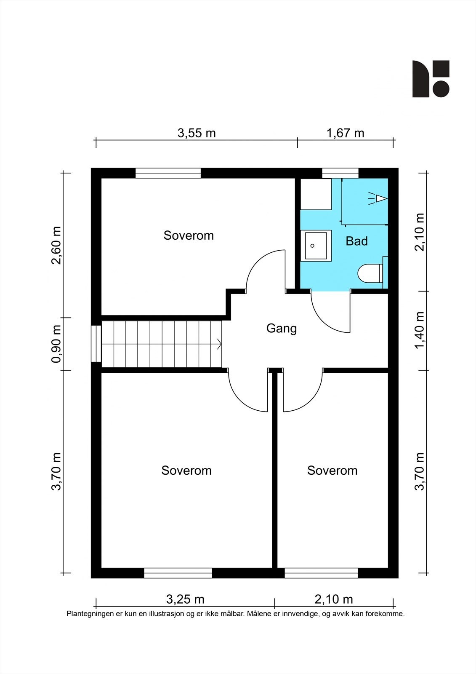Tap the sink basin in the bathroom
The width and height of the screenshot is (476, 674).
pos(316,246)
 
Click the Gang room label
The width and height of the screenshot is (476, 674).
pos(282,329)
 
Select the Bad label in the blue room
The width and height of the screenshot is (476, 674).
pos(356,241)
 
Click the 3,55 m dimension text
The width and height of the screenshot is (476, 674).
pos(197,133)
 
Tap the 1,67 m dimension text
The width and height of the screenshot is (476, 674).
pos(345,133)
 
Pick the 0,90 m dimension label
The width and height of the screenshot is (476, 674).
pos(56,344)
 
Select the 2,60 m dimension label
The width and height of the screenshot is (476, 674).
pos(56,245)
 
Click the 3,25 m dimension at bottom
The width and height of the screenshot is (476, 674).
pos(185,599)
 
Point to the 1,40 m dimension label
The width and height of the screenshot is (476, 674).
pos(420,330)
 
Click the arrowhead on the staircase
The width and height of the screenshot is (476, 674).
pos(219,344)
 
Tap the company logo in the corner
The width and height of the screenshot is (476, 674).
pos(431,79)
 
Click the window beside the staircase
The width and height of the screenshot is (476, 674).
pos(96,344)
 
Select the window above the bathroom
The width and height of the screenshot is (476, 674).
pos(340,173)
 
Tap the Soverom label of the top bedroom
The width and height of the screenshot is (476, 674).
pos(189,235)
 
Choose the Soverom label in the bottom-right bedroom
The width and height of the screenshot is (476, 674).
pos(332,470)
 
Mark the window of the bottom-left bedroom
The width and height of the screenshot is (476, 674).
pos(178,573)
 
